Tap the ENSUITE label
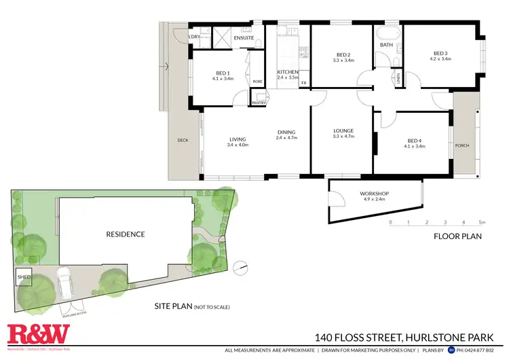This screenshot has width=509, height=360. pos(244,38)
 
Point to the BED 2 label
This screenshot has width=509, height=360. pos(343,54)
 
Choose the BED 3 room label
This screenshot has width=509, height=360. pos(442,54)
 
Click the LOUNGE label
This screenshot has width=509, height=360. pos(343,130)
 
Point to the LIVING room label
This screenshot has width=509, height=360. pos(238,140)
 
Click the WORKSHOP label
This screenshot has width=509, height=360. pos(374,194)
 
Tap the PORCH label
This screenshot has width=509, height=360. pos(463,145)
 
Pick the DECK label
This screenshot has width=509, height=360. pos(183,141)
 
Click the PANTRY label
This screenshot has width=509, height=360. pos(258,103)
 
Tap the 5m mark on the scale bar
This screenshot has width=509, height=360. pos(481,222)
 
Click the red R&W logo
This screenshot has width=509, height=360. pos(38,334)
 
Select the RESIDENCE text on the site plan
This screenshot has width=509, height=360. pos(126,234)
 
